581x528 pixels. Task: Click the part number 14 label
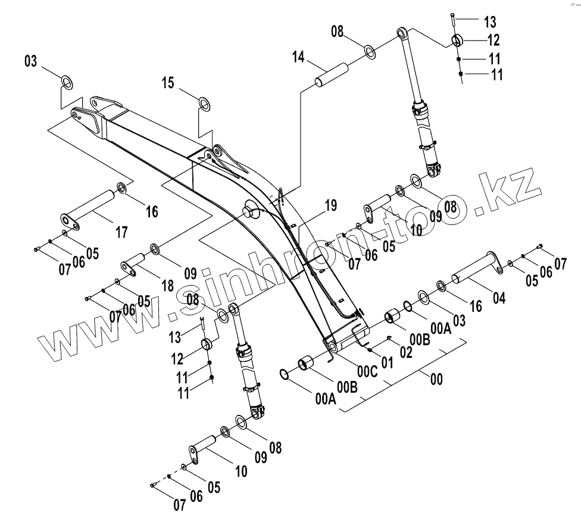tap(298, 57)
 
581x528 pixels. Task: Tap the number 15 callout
tap(169, 82)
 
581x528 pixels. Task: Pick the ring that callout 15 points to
tap(204, 104)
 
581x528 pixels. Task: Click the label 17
tap(121, 232)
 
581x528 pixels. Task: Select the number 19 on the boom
tap(330, 207)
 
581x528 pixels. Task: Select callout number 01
tap(387, 362)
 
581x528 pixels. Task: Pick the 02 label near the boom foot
tap(405, 352)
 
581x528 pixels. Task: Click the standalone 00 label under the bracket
tap(436, 379)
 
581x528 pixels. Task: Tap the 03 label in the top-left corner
tap(30, 61)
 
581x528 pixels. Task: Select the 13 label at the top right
tap(489, 23)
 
